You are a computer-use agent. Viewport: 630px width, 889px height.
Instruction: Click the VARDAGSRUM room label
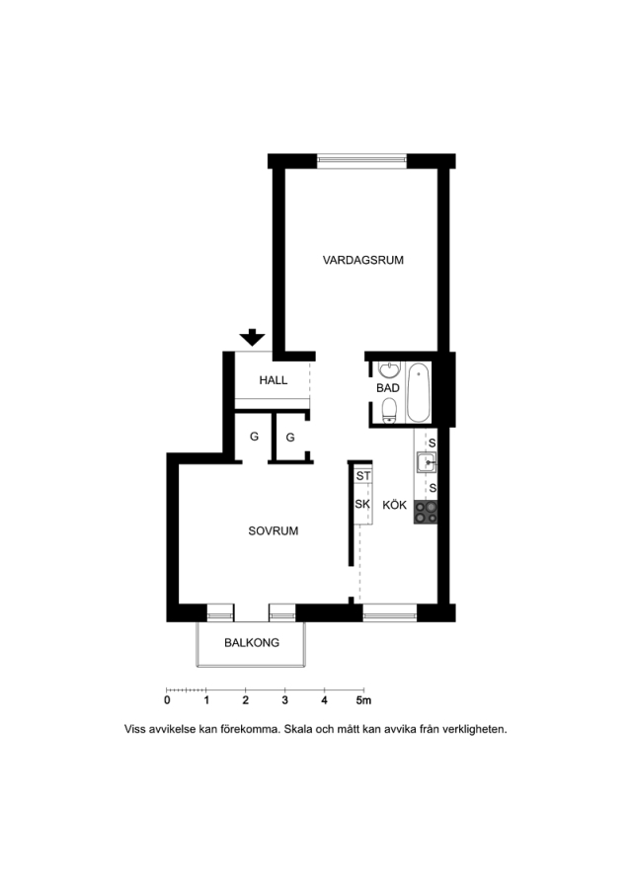click(x=363, y=260)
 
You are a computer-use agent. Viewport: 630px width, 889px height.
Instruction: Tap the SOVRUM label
click(x=274, y=531)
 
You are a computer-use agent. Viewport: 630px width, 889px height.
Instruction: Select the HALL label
click(x=274, y=380)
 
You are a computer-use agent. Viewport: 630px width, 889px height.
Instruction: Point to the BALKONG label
click(x=252, y=643)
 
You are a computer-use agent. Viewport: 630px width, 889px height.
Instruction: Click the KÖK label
click(x=394, y=505)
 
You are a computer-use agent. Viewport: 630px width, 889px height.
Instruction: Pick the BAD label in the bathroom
click(x=388, y=388)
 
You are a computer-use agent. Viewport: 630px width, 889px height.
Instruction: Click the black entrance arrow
click(x=252, y=338)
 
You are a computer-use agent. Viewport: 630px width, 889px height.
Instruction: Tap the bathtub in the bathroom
click(x=419, y=393)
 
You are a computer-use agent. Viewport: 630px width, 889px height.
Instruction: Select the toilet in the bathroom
click(x=389, y=411)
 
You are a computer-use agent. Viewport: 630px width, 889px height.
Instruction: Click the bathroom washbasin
click(x=389, y=369)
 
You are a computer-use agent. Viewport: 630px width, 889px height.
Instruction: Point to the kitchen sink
click(x=426, y=462)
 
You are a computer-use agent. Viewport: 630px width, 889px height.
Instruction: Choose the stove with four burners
click(x=426, y=512)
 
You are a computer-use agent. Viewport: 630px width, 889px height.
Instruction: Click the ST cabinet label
click(x=363, y=476)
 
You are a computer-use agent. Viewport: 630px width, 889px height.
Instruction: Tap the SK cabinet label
click(x=362, y=504)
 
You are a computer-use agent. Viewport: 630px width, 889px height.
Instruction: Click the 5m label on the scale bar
click(x=363, y=700)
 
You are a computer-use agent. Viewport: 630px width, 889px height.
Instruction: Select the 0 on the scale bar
click(x=167, y=700)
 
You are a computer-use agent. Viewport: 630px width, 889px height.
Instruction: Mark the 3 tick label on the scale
click(x=285, y=700)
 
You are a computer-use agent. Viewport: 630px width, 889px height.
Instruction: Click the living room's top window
click(x=362, y=161)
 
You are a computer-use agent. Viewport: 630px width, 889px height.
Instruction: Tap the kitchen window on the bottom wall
click(x=390, y=612)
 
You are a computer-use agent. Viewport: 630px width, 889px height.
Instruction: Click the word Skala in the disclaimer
click(x=300, y=730)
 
